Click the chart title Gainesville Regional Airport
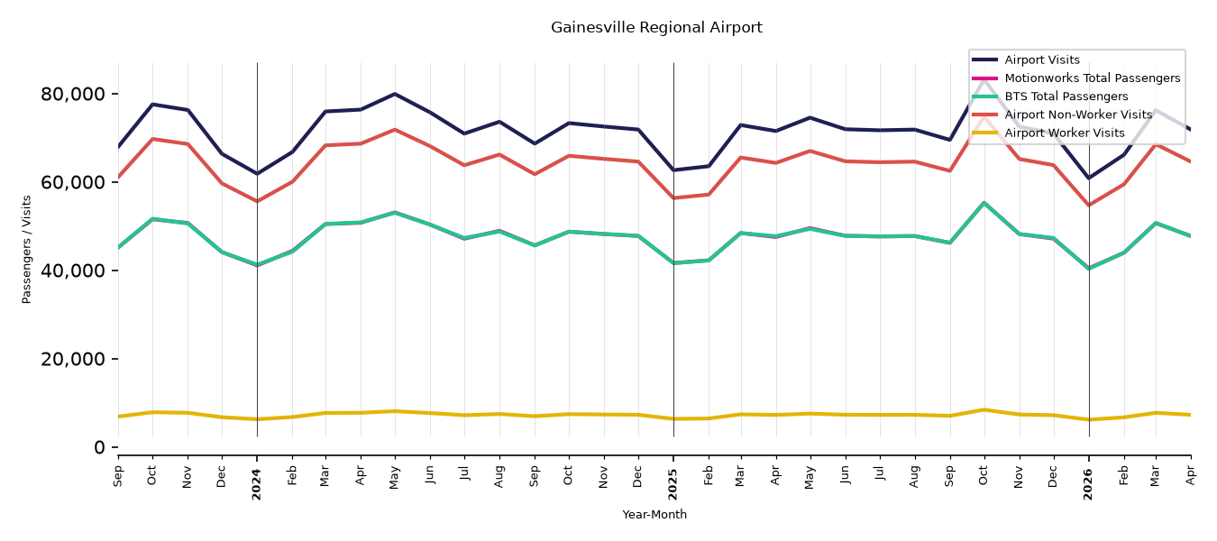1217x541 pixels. point(656,27)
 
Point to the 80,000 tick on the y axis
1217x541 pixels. point(73,94)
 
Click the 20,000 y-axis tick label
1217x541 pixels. point(73,359)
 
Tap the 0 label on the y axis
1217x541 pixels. point(99,447)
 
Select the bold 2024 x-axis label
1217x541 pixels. point(256,484)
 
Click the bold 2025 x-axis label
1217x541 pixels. point(673,484)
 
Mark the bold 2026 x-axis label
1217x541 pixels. point(1088,484)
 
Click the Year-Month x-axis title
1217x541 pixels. point(654,514)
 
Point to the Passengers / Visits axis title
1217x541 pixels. point(27,250)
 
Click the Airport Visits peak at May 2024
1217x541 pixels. point(395,94)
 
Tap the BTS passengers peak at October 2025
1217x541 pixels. point(984,203)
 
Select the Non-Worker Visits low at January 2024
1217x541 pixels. point(257,201)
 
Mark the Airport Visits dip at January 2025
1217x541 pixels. point(673,170)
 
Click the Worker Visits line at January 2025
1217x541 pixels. point(673,418)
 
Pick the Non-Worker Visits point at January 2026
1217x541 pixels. point(1089,206)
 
